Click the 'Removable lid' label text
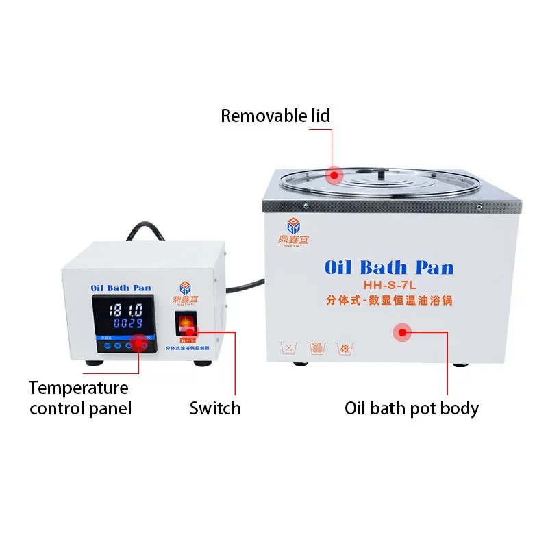(275, 116)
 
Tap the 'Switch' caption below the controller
(215, 408)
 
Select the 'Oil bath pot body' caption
(411, 408)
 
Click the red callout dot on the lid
(334, 175)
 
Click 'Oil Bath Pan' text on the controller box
(121, 288)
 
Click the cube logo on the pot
(293, 225)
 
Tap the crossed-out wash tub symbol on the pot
(288, 348)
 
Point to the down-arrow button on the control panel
(129, 345)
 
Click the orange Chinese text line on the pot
(388, 300)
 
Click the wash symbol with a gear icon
(345, 348)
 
